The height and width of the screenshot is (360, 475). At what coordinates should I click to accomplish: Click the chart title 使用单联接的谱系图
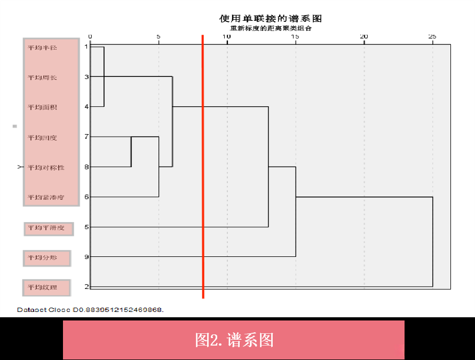click(271, 19)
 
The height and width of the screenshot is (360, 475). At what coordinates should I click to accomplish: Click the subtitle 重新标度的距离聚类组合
click(271, 28)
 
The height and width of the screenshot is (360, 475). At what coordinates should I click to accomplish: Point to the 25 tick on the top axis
click(432, 36)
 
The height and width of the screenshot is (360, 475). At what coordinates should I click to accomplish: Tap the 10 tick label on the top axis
click(227, 36)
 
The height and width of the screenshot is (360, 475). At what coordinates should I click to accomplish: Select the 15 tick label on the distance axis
click(295, 36)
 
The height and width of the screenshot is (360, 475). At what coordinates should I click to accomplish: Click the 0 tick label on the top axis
click(90, 36)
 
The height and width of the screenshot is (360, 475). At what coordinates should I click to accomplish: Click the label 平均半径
click(42, 48)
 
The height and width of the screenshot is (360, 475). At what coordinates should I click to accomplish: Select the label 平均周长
click(42, 77)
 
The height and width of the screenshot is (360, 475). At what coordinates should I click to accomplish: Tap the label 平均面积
click(42, 107)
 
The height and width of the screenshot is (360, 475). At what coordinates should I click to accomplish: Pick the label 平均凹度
click(42, 138)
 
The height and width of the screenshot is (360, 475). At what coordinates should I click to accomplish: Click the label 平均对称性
click(46, 168)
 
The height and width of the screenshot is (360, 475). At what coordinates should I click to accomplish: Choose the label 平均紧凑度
click(46, 198)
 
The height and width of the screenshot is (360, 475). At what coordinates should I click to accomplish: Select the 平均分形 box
click(46, 258)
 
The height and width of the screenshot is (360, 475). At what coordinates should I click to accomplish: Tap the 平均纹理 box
click(46, 288)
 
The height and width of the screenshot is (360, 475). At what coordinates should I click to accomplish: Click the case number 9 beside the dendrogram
click(86, 257)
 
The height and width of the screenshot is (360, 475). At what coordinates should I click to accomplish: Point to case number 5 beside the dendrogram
click(86, 227)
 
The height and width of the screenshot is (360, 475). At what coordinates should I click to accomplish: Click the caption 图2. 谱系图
click(234, 340)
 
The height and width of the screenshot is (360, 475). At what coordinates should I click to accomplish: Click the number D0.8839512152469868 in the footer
click(118, 310)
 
